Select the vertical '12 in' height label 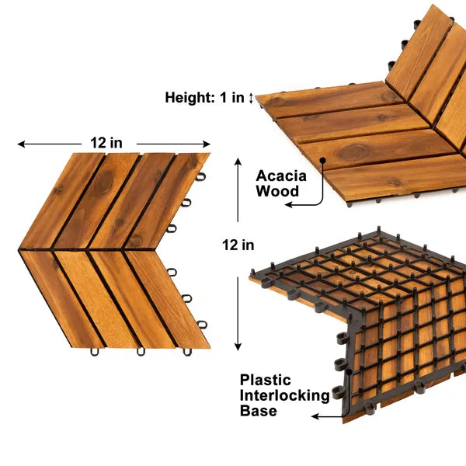coord(238,245)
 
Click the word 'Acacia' coord(281,176)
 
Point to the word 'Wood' coord(277,190)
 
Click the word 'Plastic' coord(266,381)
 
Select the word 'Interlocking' coord(284,396)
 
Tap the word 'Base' coord(259,411)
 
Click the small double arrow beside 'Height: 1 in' coord(252,98)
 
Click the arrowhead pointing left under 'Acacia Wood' coord(287,205)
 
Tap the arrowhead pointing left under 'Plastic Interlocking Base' coord(314,417)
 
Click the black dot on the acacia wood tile coord(322,161)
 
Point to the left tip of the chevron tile coord(19,249)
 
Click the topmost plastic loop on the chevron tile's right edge coord(200,176)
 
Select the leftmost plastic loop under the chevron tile coord(95,352)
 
